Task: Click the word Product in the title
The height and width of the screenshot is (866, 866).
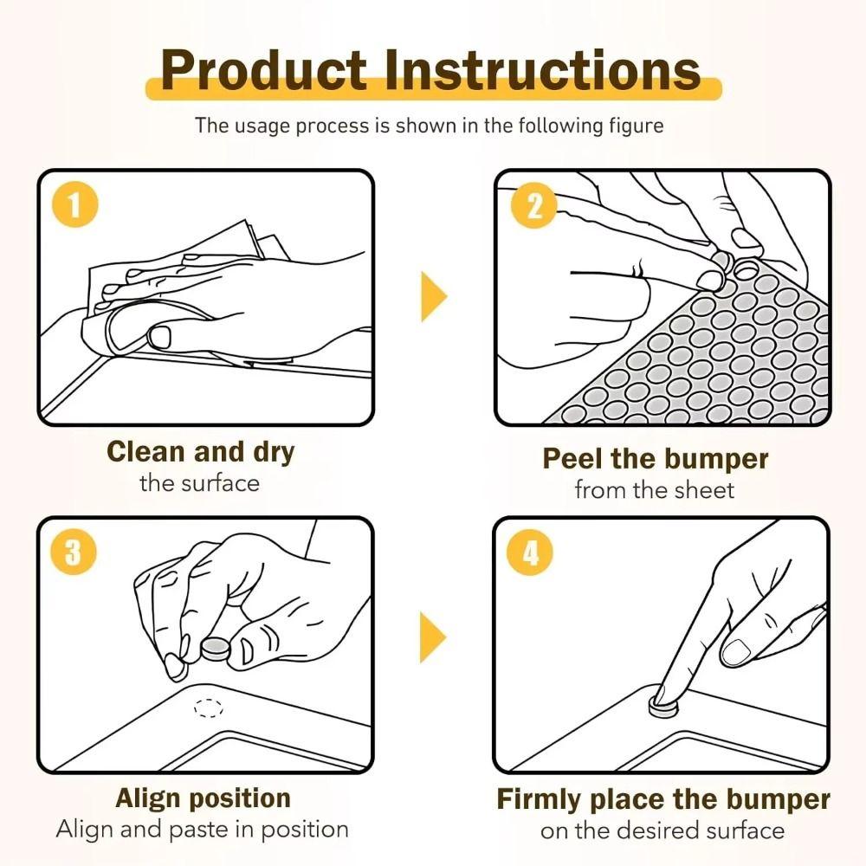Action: (264, 70)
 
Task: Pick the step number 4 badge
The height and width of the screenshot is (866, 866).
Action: (531, 553)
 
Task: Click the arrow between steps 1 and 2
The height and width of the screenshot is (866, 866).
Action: (433, 296)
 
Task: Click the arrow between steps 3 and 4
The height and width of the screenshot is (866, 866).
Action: (432, 637)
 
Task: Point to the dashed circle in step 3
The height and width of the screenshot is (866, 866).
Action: (208, 708)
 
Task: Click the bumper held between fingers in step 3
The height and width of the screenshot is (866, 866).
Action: (214, 649)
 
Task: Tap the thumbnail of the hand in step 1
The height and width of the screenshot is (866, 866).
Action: (160, 336)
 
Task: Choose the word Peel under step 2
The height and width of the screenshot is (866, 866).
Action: (571, 458)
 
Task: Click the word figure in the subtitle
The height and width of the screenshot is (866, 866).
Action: (636, 126)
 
